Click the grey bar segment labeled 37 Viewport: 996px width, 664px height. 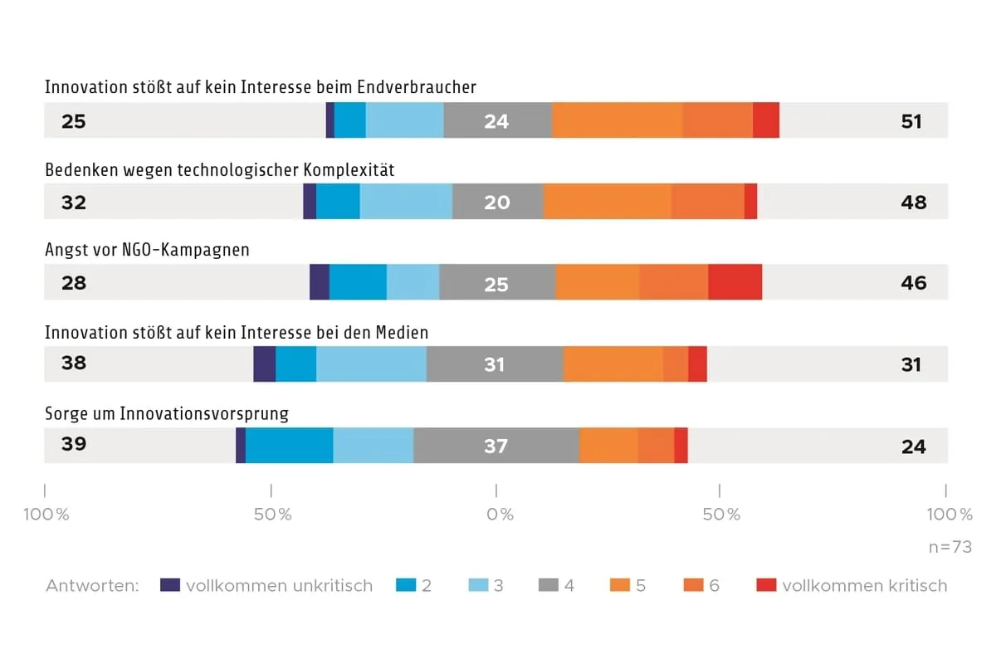[x=496, y=446]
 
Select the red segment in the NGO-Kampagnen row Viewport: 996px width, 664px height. [x=735, y=282]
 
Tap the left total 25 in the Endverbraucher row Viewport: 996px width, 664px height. [x=74, y=121]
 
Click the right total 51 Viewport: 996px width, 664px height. [x=911, y=121]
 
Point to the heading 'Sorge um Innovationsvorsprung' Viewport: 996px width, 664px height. [x=167, y=413]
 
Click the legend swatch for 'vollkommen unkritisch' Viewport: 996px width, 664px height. [x=170, y=585]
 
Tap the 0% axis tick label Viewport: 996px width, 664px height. [x=500, y=515]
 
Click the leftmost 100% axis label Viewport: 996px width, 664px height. [x=46, y=515]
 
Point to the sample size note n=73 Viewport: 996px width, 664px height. [x=950, y=548]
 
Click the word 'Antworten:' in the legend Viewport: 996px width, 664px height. [x=92, y=585]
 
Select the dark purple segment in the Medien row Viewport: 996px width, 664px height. [x=264, y=364]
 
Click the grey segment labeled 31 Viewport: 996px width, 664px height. [x=495, y=364]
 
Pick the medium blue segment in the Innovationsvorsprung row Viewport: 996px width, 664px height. [x=289, y=446]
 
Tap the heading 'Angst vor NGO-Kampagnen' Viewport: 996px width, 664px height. [x=147, y=250]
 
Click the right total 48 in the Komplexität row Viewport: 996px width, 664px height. [x=913, y=202]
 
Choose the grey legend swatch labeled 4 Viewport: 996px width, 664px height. [x=548, y=585]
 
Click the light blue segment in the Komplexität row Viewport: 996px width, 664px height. [x=406, y=202]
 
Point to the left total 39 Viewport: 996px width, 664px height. [x=74, y=444]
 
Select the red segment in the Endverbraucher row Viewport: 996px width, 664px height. [x=765, y=121]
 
